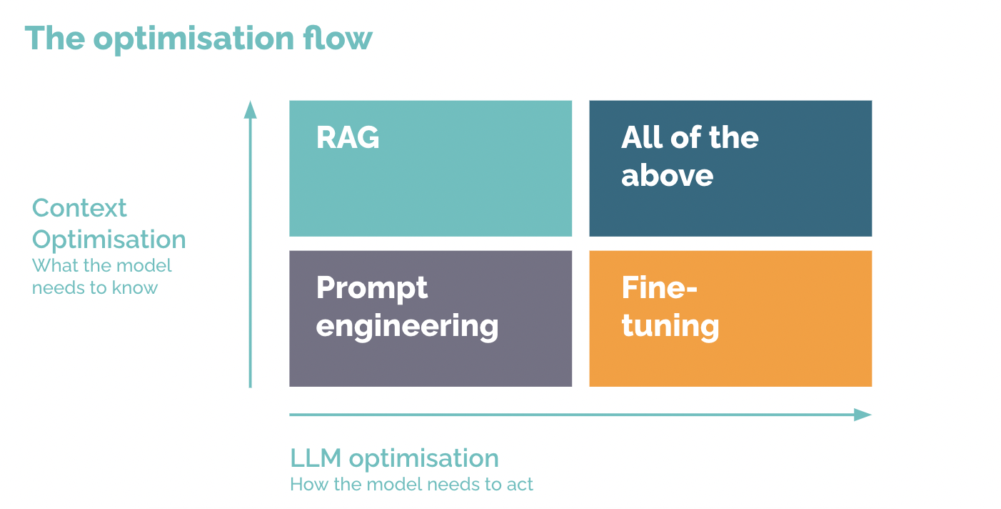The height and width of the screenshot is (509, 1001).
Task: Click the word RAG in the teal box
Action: [x=348, y=137]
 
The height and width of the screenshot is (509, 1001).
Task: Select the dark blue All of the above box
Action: [x=730, y=168]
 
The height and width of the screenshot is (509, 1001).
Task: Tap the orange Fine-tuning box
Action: [x=730, y=318]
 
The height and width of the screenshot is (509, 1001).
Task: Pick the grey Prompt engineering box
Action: [x=431, y=318]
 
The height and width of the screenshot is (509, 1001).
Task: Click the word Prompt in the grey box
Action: [x=372, y=289]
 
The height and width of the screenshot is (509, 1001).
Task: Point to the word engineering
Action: [x=407, y=327]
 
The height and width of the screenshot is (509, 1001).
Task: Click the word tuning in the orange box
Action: [x=670, y=327]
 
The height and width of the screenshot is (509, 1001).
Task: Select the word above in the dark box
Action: [x=667, y=175]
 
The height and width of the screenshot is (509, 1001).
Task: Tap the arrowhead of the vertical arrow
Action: [x=250, y=109]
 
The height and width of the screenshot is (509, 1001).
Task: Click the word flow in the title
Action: [x=338, y=38]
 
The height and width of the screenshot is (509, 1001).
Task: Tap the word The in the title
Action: [x=55, y=38]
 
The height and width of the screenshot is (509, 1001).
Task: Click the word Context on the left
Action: [x=79, y=208]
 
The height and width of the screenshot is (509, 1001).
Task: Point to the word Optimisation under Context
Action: [x=109, y=239]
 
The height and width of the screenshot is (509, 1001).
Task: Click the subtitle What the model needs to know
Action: [x=102, y=277]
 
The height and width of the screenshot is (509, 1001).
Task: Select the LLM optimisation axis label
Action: [x=395, y=458]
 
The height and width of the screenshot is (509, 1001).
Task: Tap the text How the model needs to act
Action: [x=411, y=485]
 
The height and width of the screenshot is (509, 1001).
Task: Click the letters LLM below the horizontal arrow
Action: [x=316, y=458]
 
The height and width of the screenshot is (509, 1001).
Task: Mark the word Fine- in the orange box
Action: [x=660, y=287]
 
